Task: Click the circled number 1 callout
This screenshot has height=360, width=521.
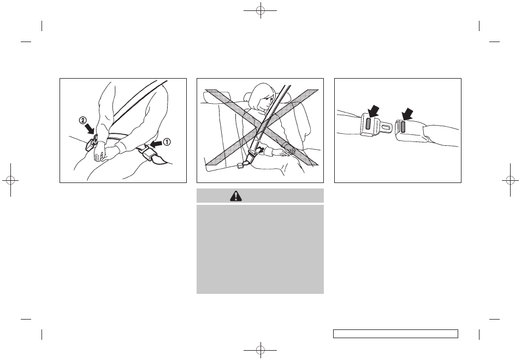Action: point(167,142)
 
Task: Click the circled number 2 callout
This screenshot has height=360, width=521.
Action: point(82,120)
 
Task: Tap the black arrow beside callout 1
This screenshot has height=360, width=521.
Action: point(156,144)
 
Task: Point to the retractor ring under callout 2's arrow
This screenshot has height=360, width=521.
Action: point(93,141)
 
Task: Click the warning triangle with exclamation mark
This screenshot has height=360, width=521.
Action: point(236,196)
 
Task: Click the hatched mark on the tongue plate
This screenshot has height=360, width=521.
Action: point(368,123)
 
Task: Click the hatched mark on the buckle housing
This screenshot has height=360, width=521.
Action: point(402,127)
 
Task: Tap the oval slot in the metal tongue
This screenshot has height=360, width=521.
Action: point(387,127)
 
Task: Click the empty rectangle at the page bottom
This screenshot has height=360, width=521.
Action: point(396,334)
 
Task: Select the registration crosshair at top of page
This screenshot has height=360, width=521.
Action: point(260,10)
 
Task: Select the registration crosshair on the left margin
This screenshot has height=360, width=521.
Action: point(10,180)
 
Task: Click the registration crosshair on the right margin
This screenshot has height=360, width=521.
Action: point(511,180)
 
